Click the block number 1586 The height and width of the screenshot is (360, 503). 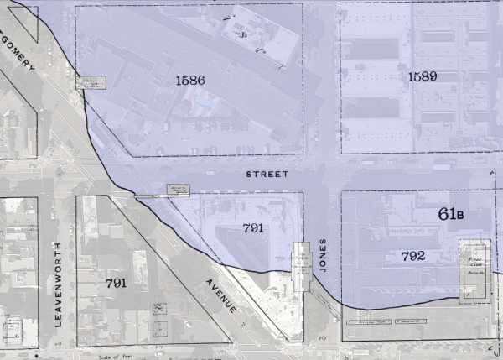point(191,81)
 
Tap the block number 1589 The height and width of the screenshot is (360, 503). point(423,77)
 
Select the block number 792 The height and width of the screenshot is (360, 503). point(407,256)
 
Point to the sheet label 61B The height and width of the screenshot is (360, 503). point(451,213)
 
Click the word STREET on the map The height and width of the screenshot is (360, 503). point(267,174)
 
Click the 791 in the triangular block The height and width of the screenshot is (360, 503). point(117,283)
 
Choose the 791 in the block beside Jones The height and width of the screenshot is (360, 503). point(253,227)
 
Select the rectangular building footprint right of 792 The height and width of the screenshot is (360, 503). point(475,270)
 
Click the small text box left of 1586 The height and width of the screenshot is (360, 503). point(92,82)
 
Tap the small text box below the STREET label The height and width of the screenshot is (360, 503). point(179,189)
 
